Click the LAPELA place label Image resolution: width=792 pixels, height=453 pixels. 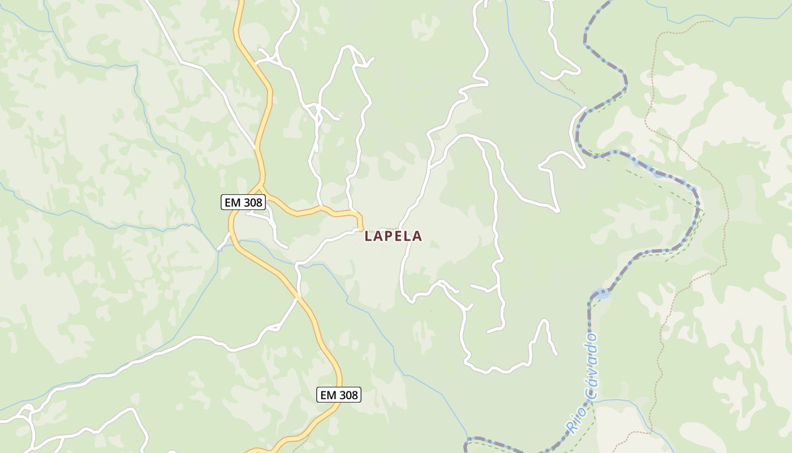click(393, 236)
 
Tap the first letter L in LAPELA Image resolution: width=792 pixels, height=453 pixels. click(368, 236)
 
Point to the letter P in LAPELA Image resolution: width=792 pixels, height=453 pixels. click(390, 236)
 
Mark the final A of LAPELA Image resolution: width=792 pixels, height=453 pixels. click(417, 236)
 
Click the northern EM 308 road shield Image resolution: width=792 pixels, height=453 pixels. click(243, 202)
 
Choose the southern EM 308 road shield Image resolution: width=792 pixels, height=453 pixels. click(338, 395)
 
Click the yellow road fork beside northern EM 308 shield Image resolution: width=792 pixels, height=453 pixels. click(260, 187)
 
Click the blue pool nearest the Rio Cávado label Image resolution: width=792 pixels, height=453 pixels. click(601, 294)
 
